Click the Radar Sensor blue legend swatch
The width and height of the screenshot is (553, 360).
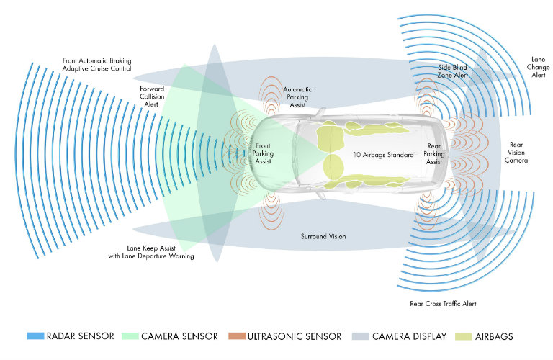pos(34,336)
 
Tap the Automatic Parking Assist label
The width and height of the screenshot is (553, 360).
pos(298,96)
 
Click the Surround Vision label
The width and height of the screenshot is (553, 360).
pos(323,235)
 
